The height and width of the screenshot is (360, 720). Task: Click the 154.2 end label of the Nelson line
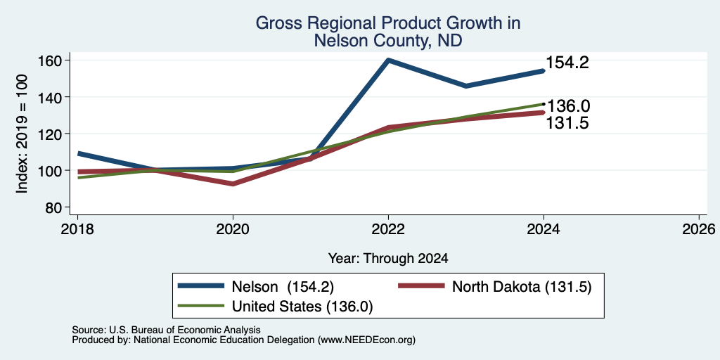[x=567, y=63]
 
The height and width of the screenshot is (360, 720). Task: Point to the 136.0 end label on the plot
[x=568, y=107]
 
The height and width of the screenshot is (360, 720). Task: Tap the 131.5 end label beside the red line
[x=567, y=123]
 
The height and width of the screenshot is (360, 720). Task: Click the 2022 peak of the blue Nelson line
[x=388, y=60]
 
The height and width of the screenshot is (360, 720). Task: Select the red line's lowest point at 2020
[x=233, y=184]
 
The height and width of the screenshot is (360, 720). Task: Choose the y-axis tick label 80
[x=53, y=207]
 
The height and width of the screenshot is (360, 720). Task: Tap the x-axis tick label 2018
[x=77, y=229]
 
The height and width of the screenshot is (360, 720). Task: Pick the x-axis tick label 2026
[x=699, y=229]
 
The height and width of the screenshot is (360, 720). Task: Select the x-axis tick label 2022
[x=388, y=229]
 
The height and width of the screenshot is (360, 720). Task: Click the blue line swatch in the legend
[x=201, y=287]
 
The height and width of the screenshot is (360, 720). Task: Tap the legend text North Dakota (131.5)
[x=522, y=287]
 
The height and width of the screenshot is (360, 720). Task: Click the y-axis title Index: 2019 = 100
[x=22, y=134]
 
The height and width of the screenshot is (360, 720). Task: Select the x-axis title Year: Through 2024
[x=388, y=259]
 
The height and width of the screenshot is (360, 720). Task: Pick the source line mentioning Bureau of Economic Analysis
[x=167, y=330]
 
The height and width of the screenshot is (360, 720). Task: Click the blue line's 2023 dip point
[x=466, y=86]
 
